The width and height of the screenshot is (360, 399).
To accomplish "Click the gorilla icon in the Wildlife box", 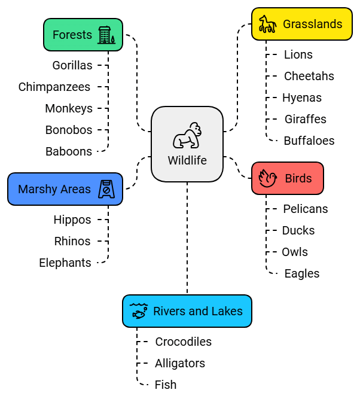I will tap(187, 136).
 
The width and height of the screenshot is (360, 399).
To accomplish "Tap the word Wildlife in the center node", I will tap(187, 160).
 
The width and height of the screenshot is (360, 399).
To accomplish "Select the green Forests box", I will tap(83, 35).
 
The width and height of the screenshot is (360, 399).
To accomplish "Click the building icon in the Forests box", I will tap(106, 35).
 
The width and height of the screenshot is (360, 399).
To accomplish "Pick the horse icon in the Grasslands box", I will tap(267, 25).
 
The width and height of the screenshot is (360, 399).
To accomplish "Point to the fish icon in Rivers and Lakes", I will tap(139, 311).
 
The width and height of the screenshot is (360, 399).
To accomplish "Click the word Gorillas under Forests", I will tap(72, 65).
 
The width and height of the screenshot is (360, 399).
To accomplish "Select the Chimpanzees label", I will tap(54, 87).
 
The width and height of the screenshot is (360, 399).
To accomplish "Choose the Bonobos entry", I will tap(69, 130).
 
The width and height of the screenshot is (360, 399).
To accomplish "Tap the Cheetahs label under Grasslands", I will tap(309, 76).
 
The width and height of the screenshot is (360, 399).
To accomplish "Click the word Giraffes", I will tap(305, 119).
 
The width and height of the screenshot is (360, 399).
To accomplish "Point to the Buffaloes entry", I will tap(309, 141).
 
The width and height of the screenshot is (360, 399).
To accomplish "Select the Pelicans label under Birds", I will tap(306, 209).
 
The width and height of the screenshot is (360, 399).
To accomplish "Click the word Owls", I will tap(295, 252).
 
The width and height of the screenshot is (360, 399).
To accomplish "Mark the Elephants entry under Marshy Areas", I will tap(65, 263).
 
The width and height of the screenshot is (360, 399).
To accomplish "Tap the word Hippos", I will tap(72, 220).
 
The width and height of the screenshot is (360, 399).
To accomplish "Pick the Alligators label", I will tap(180, 363).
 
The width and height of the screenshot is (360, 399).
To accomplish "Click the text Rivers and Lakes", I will tap(198, 311).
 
